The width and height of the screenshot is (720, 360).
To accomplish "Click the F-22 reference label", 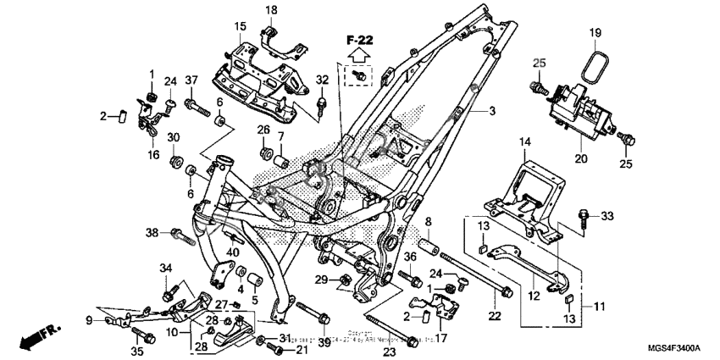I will tap(358, 39).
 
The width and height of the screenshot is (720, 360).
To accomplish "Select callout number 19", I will tap(595, 33).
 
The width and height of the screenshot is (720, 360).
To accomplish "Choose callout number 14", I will tap(524, 141).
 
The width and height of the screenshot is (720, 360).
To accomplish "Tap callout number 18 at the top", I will tap(272, 9).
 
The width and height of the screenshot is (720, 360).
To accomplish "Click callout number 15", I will tap(241, 25).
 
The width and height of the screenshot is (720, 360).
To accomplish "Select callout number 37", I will tap(191, 80).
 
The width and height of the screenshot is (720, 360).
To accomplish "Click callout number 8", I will tap(429, 222).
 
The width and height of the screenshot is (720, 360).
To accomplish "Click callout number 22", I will tap(494, 316).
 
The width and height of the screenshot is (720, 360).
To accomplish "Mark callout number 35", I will tap(137, 351).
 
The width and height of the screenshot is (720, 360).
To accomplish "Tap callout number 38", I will tap(152, 231).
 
